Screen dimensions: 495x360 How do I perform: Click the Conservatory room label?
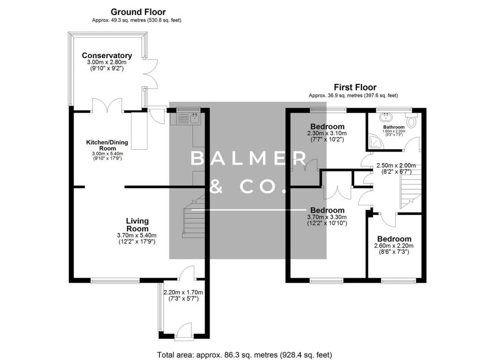[107, 56]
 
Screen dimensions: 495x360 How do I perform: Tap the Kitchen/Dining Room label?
[107, 145]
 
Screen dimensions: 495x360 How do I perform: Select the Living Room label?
[137, 225]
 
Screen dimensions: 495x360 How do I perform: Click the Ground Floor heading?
[138, 12]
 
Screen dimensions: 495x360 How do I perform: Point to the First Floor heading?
[355, 87]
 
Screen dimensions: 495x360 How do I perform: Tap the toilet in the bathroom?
[412, 120]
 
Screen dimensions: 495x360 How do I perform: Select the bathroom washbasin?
[385, 117]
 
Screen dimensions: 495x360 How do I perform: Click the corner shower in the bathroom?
[376, 142]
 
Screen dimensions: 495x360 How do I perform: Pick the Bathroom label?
[393, 127]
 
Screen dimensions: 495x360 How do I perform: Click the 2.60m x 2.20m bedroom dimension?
[393, 246]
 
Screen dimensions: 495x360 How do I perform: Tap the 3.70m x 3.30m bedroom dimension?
[327, 217]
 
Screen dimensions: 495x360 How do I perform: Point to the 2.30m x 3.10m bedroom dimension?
[327, 133]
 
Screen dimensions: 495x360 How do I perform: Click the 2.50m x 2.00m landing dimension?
[396, 166]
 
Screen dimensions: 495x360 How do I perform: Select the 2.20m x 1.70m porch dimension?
[183, 292]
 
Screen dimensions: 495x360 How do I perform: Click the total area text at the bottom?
[245, 355]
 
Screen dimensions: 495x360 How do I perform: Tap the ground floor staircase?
[194, 216]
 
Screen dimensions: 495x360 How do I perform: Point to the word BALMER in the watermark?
[248, 158]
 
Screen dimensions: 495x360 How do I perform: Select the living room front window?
[115, 280]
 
